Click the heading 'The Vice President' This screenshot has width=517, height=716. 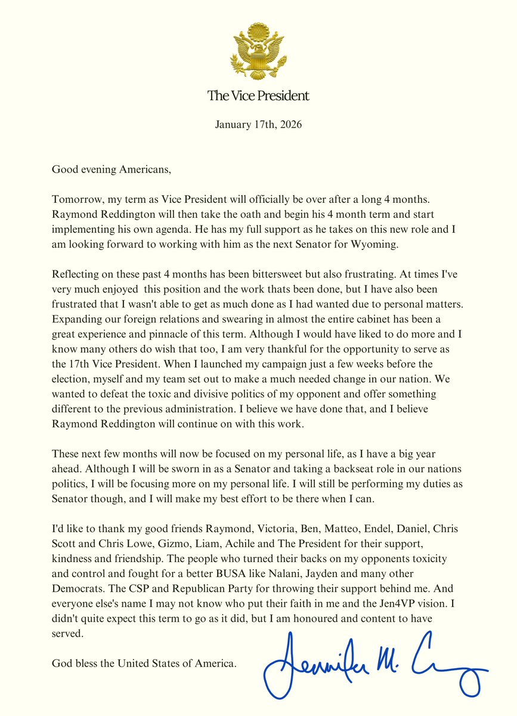coord(258,95)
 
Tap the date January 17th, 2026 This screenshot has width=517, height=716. coord(258,125)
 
